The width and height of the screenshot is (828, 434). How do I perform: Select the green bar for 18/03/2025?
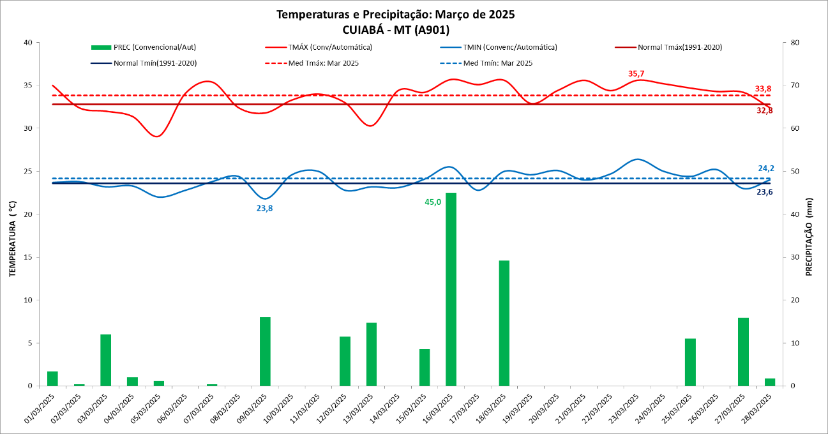click(504, 323)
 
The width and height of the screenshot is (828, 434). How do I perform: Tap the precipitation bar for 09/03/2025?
click(265, 351)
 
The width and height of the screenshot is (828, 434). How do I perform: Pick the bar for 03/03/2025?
click(105, 360)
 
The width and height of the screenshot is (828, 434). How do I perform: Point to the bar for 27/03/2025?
click(743, 352)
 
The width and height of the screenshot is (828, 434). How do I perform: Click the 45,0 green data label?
click(433, 202)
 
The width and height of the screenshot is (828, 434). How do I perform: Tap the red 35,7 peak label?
click(636, 74)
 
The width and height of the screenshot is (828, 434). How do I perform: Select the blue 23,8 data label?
click(264, 208)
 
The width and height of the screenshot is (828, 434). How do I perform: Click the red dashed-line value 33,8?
click(764, 89)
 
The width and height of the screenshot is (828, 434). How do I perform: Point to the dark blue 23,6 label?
click(765, 191)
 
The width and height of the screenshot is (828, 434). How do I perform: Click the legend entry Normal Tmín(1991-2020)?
click(155, 63)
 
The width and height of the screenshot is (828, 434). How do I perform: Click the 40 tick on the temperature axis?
click(27, 43)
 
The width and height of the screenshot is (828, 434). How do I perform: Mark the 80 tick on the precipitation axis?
click(795, 43)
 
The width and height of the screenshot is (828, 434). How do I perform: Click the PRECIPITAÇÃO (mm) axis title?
click(809, 236)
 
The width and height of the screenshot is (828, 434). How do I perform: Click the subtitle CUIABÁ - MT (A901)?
click(395, 29)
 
